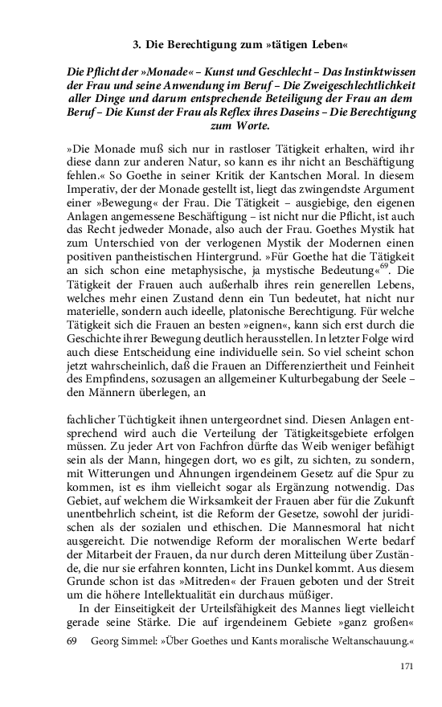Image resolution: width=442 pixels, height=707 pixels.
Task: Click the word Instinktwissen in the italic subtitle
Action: (x=374, y=72)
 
